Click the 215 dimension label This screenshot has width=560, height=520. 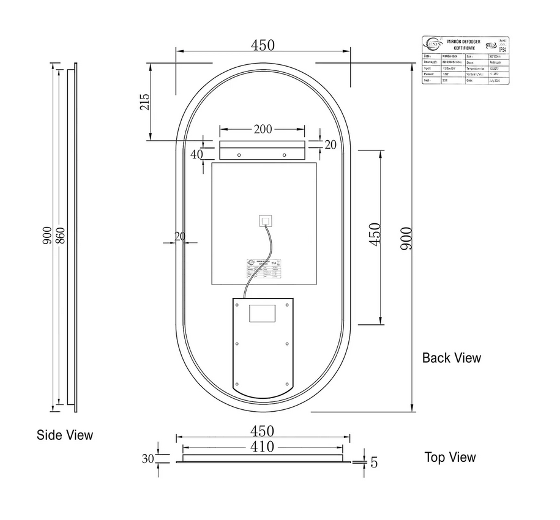coord(144,102)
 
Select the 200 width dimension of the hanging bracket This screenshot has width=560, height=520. coord(263,129)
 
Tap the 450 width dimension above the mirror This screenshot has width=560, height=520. coord(263,46)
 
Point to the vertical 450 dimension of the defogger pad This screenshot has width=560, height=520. coord(375,234)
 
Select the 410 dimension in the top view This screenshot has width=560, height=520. coord(263,447)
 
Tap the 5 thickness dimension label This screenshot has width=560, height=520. coord(374,462)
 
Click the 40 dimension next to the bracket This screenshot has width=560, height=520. coord(196,155)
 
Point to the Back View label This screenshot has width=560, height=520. coord(452,358)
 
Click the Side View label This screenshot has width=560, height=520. coord(65,435)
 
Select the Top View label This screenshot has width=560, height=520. coord(450,457)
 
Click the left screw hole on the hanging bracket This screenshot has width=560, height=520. coord(239,154)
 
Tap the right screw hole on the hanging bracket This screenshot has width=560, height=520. coord(285,154)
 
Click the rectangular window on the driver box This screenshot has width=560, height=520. coord(262,314)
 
